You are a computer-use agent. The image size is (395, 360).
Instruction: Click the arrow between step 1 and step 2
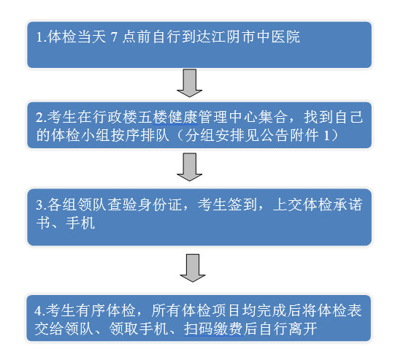[189, 83]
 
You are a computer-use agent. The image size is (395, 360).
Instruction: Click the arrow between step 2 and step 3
[189, 166]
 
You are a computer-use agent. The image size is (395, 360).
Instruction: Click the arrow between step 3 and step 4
[193, 268]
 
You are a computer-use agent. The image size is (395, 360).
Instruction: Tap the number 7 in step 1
[114, 37]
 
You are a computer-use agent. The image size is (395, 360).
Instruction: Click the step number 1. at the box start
[42, 37]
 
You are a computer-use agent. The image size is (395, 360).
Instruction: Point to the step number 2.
[42, 118]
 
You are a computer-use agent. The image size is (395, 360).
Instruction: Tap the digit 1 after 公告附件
[326, 136]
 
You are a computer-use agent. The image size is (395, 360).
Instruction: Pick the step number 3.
[42, 204]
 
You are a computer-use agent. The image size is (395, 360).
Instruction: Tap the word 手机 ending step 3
[80, 223]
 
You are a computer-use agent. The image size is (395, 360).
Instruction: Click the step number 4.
[40, 310]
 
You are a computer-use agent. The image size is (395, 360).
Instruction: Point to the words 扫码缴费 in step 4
[213, 329]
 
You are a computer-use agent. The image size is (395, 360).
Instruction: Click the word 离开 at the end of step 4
[303, 329]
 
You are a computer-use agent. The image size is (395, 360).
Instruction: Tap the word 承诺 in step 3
[348, 204]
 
